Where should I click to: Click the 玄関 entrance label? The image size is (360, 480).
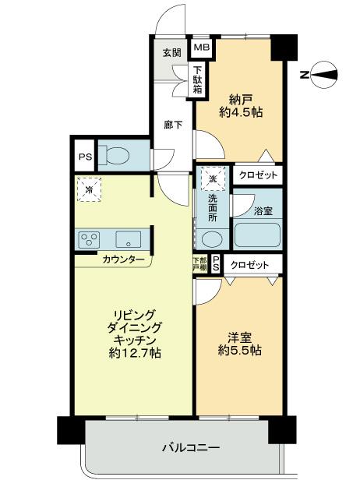[172, 53]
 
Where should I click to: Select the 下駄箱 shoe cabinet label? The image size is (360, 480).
[199, 80]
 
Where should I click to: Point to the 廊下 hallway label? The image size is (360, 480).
[172, 124]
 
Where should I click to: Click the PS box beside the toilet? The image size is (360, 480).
[84, 156]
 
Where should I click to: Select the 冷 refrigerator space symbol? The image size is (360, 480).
[90, 189]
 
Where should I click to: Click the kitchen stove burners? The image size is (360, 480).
[88, 238]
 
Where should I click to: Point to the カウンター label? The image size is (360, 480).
[123, 260]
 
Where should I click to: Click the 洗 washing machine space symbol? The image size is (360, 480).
[214, 178]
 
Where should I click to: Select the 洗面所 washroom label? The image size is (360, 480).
[213, 209]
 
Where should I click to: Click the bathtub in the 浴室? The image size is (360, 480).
[256, 233]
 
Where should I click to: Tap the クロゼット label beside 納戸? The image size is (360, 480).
[256, 176]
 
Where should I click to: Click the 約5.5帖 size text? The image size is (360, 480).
[239, 350]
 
